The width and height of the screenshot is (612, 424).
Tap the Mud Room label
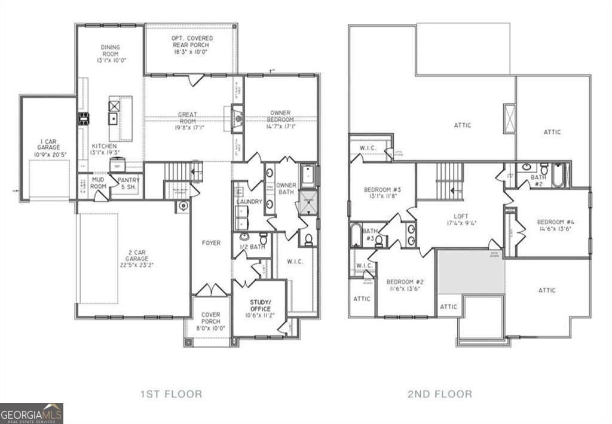99,183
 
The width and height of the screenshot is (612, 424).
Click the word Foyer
211,243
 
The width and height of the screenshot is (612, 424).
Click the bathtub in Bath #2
559,176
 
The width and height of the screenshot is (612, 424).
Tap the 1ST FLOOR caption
171,394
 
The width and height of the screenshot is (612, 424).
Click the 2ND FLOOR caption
440,394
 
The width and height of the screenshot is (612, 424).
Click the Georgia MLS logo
31,413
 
